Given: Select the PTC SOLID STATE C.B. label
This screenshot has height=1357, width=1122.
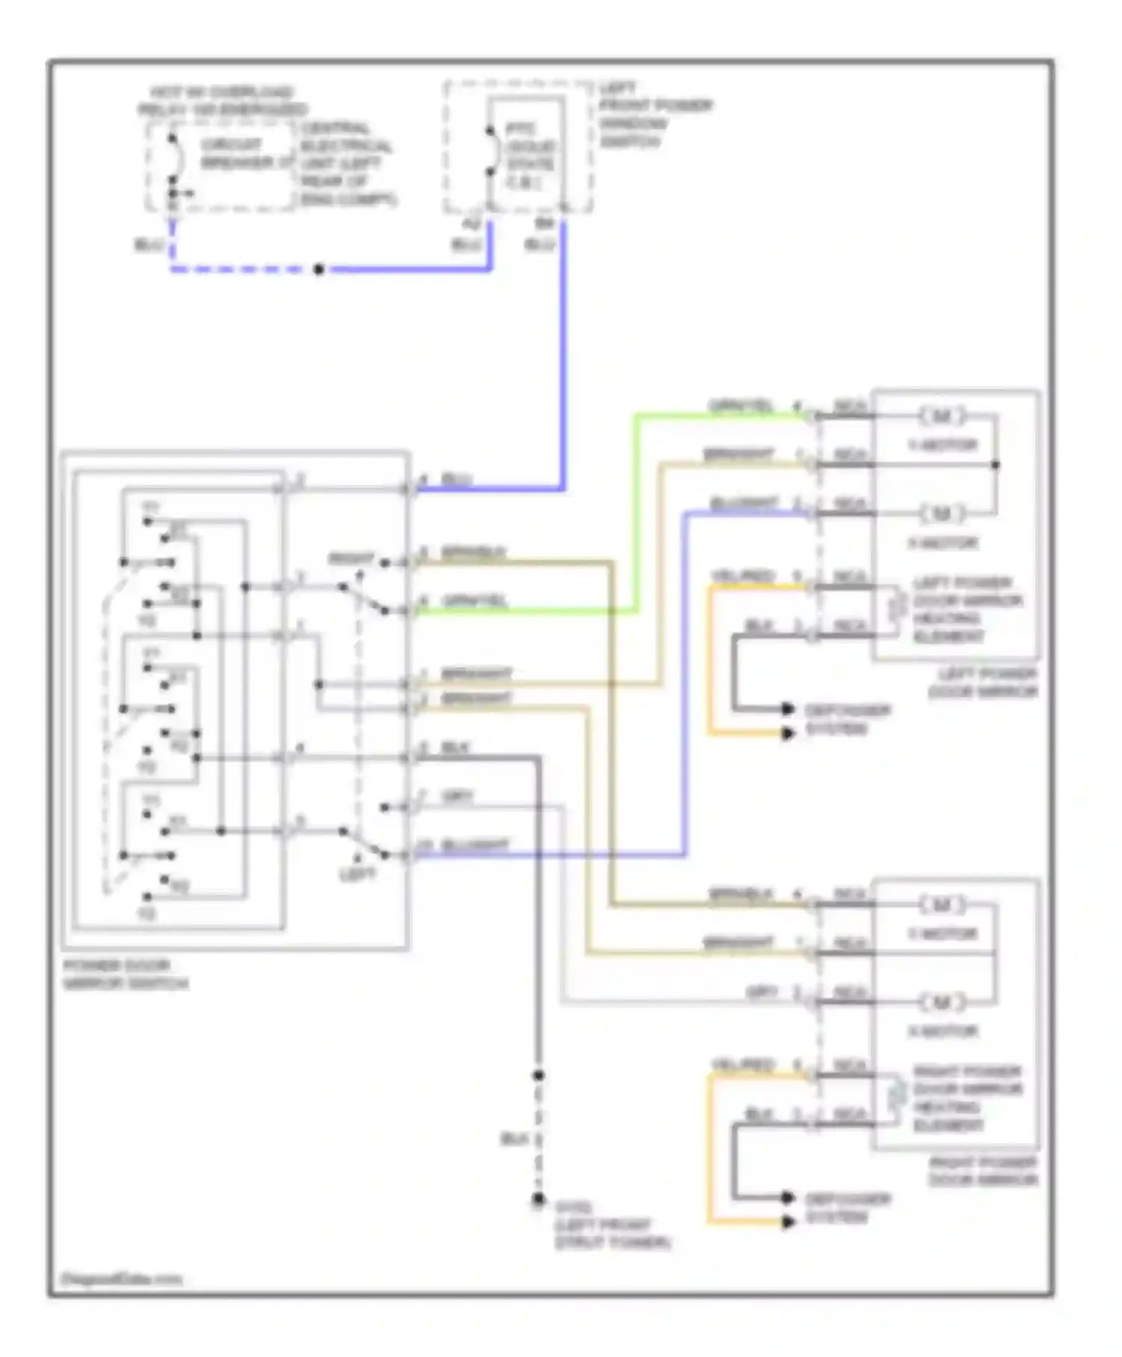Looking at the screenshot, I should [x=530, y=155].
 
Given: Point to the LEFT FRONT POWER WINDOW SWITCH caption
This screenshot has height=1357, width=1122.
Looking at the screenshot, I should [x=654, y=114].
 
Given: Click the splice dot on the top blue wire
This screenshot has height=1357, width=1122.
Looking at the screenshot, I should [x=319, y=269].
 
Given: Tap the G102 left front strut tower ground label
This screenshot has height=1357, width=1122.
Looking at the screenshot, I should [x=612, y=1225].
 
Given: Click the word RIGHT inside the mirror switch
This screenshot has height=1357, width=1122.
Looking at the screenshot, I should [x=351, y=560].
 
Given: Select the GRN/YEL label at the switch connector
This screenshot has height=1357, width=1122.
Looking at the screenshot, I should [x=474, y=601].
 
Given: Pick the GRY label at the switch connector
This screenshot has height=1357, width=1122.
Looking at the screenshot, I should [x=457, y=797].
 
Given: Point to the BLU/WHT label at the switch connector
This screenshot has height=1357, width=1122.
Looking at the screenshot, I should [x=474, y=846].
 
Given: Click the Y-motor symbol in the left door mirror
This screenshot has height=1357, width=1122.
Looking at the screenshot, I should [x=942, y=416].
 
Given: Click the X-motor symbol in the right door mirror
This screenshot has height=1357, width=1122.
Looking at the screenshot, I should [x=942, y=1002].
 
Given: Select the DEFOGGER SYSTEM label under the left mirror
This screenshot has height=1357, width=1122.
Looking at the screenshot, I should [x=847, y=719].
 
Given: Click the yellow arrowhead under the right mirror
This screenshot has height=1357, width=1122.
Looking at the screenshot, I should [x=788, y=1222].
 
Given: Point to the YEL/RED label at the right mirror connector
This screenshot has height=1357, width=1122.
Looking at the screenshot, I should [x=742, y=1065].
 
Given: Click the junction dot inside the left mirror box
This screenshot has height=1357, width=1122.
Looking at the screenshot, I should [x=996, y=465].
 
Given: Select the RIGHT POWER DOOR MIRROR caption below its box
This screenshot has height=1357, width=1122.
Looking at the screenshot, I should [x=983, y=1171].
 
